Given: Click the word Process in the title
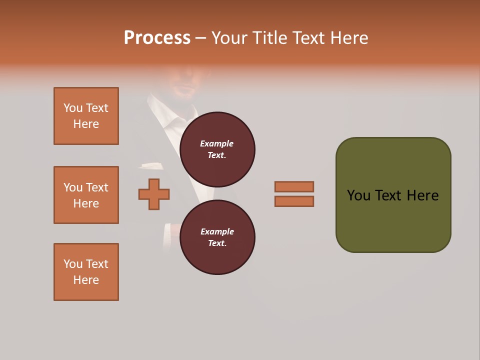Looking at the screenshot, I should (157, 38).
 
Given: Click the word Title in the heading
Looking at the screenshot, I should (270, 38).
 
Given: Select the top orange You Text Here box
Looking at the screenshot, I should (86, 116).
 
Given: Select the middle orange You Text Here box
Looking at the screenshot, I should (86, 195).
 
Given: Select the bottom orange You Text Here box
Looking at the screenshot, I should (86, 272).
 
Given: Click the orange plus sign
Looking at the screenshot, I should (154, 194).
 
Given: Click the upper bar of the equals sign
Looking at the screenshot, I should (294, 186).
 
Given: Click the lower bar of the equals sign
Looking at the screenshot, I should (294, 201).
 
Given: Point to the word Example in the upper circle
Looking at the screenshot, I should (217, 143).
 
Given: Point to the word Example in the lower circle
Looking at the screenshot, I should (217, 231).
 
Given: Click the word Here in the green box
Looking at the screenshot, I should (422, 195).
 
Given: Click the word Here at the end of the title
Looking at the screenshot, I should (349, 38).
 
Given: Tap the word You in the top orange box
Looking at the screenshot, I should (73, 108).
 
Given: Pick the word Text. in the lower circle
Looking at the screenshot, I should (217, 243).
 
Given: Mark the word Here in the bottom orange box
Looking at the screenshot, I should (86, 280).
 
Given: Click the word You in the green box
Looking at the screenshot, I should (358, 195).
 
